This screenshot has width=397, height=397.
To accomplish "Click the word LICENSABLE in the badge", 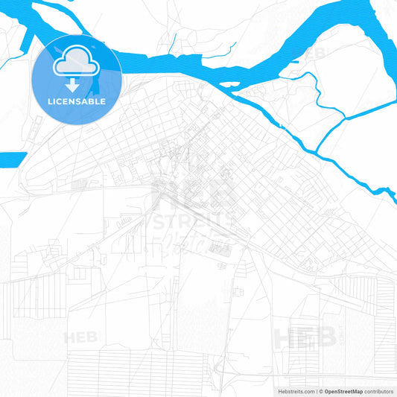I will coord(77,101).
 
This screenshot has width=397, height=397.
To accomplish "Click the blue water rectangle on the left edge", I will coord(12,159).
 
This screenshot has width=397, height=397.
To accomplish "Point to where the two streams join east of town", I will coord(346,118).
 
